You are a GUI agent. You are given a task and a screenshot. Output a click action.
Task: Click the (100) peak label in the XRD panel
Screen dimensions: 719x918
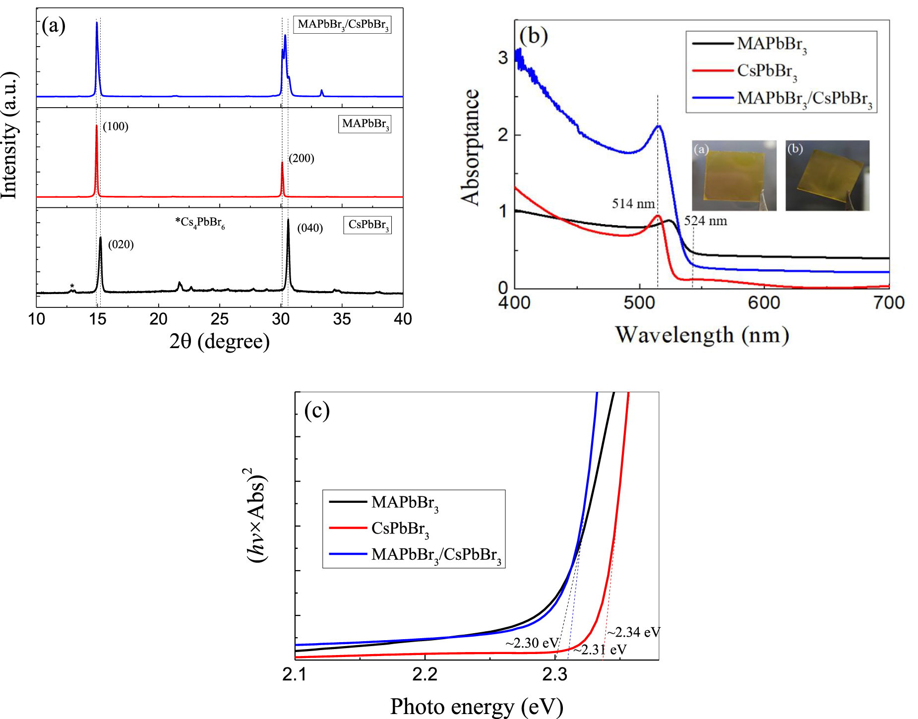(116, 126)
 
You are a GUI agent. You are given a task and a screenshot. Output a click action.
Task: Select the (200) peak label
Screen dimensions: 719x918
(302, 158)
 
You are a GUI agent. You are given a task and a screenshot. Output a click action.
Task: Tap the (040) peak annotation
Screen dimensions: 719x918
(310, 228)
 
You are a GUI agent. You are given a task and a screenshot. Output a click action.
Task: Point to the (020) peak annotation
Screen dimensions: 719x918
(121, 244)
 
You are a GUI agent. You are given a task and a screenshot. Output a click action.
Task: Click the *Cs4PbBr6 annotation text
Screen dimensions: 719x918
(200, 223)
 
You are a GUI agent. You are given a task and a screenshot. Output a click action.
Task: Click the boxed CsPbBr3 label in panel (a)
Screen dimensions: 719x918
(367, 225)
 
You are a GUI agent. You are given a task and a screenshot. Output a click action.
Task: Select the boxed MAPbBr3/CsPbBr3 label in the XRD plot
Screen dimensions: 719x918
(342, 24)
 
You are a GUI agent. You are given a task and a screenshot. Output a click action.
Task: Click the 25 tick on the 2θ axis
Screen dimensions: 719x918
(220, 319)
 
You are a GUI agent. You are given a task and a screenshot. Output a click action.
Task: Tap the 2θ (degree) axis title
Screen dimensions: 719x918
(220, 342)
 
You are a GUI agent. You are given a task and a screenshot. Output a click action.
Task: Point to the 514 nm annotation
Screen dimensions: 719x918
(633, 204)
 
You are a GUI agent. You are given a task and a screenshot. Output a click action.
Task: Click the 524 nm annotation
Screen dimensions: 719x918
(705, 221)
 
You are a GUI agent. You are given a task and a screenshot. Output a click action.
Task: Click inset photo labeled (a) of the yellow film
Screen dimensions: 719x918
(734, 176)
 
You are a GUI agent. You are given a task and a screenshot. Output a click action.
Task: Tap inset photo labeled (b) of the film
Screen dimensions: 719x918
(827, 176)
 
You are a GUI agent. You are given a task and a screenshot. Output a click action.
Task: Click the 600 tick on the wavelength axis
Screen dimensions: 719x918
(764, 302)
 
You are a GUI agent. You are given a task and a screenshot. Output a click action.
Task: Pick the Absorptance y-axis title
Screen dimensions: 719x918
(470, 147)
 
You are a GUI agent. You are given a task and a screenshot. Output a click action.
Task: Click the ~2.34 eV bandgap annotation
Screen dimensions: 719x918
(634, 632)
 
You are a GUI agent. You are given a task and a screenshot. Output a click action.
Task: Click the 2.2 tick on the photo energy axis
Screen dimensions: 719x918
(425, 675)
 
